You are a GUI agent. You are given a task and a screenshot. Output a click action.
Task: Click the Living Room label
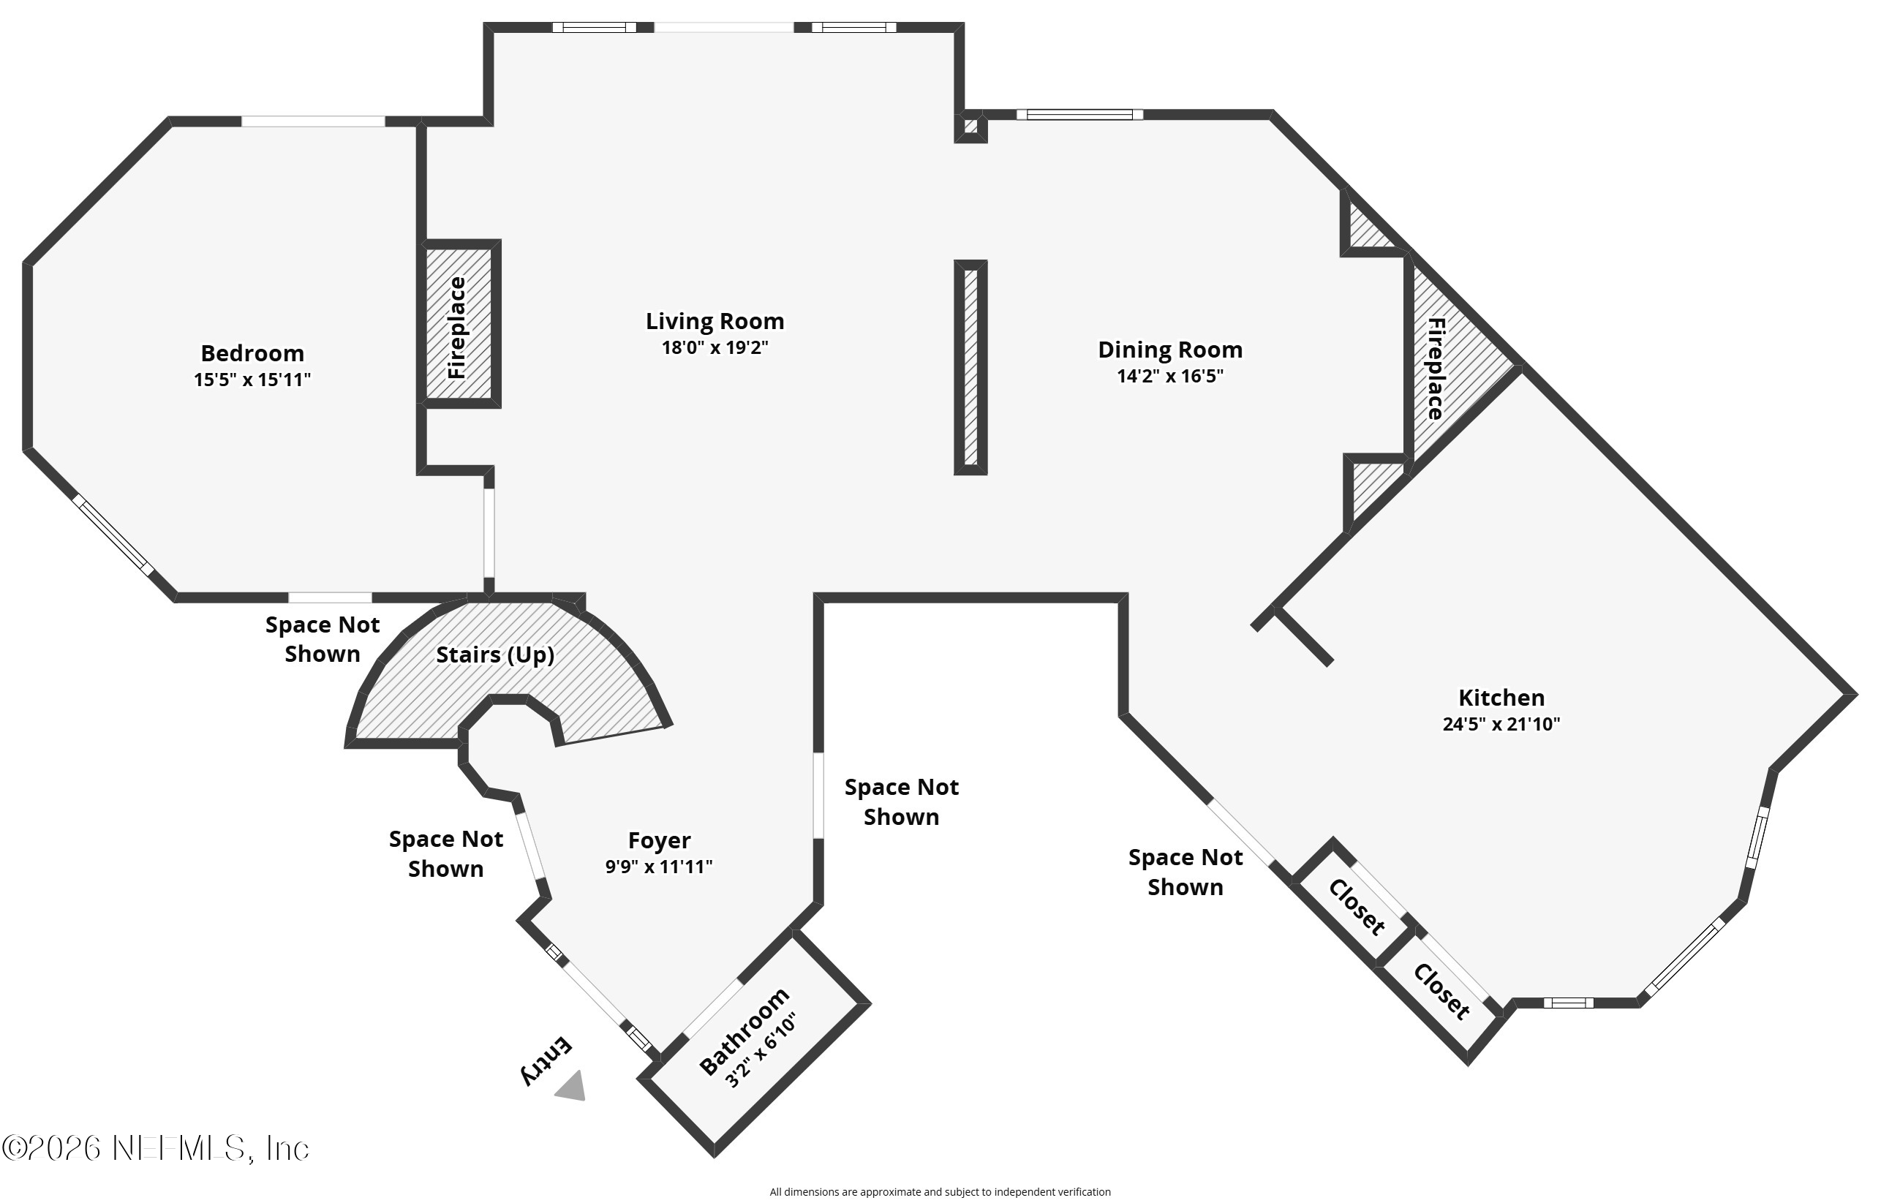click(714, 321)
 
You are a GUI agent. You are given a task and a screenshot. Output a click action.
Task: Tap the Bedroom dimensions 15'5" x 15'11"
click(252, 380)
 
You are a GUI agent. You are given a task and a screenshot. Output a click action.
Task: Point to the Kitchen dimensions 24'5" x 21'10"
click(1501, 723)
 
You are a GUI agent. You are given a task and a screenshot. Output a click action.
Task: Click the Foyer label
click(658, 840)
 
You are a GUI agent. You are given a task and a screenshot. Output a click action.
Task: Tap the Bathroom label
click(744, 1031)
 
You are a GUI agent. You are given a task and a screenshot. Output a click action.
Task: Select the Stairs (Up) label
click(494, 654)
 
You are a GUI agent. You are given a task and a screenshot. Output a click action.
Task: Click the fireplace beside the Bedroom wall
click(459, 324)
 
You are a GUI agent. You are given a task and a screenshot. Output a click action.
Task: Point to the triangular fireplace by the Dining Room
click(1445, 367)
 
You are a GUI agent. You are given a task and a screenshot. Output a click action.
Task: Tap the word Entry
click(547, 1060)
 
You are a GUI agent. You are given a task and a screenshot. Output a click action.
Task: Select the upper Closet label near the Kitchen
click(1357, 907)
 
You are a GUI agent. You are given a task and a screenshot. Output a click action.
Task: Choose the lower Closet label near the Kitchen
click(1441, 992)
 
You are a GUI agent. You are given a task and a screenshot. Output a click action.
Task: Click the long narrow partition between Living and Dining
click(970, 367)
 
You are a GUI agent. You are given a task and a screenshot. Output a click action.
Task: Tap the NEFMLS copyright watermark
click(156, 1148)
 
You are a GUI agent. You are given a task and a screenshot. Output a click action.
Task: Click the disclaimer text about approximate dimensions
click(940, 1191)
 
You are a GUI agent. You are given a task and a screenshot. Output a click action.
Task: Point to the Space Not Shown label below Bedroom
click(322, 639)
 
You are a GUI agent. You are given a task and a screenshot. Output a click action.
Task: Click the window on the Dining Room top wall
click(1079, 115)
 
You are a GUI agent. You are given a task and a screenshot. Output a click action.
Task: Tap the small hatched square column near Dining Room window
click(970, 127)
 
